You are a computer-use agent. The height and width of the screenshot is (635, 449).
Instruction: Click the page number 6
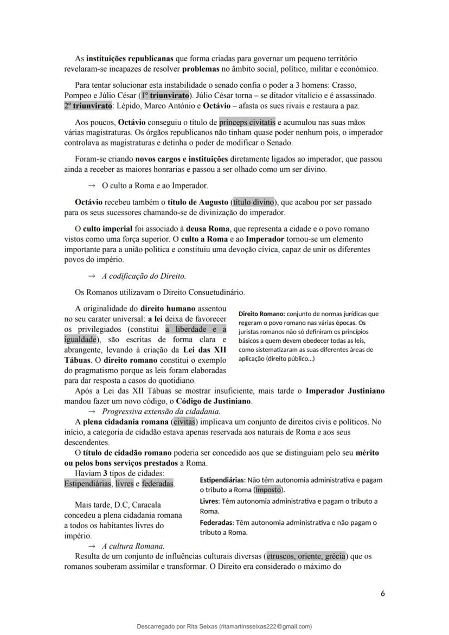tap(382, 593)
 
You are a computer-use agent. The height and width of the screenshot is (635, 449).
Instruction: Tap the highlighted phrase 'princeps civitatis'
tap(251, 123)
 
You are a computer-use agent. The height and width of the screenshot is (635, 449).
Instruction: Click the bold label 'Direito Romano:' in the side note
tap(261, 313)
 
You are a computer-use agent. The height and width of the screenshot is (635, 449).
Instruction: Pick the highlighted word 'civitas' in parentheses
tap(184, 421)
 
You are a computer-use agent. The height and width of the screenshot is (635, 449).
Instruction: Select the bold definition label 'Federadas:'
tap(216, 522)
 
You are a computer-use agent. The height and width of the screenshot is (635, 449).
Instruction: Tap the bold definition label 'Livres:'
tap(209, 501)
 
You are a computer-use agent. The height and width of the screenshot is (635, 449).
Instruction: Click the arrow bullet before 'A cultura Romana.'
tap(91, 546)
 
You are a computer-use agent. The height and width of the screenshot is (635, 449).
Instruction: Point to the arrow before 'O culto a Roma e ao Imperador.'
tap(91, 185)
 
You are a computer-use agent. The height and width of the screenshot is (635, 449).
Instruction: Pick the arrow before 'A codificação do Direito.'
tap(91, 275)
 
